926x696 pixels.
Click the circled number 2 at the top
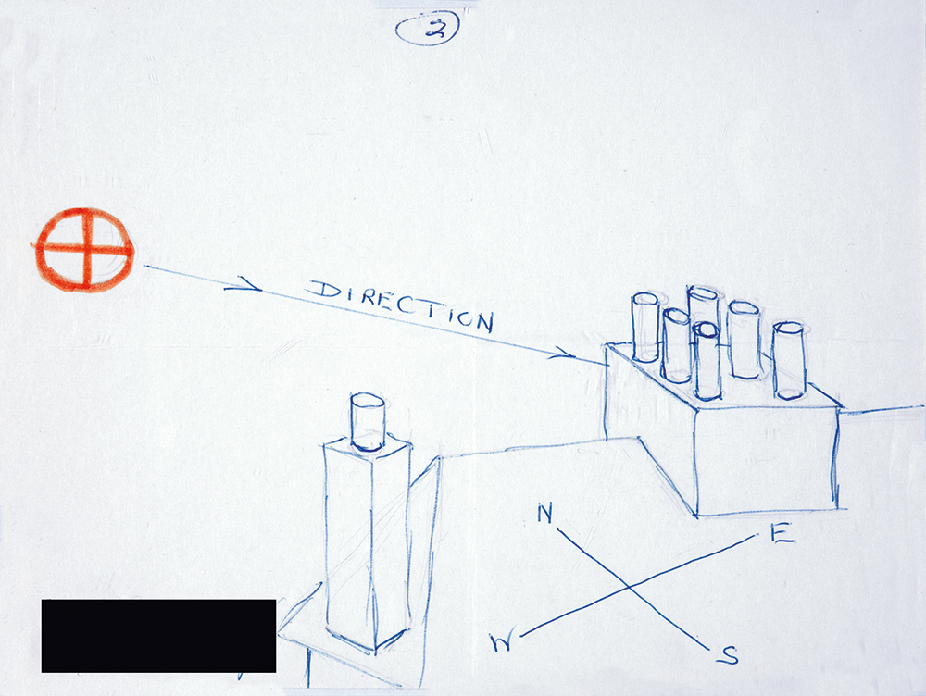(x=427, y=31)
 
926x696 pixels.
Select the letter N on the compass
(x=545, y=514)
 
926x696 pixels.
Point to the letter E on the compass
(x=782, y=534)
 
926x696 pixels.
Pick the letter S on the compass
(x=730, y=654)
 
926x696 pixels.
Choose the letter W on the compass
(x=502, y=641)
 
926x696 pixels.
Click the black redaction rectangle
(x=158, y=636)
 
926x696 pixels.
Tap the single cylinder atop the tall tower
(x=368, y=423)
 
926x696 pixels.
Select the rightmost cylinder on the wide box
(x=789, y=361)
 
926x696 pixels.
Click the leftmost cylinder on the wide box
(x=645, y=327)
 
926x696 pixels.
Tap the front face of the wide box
(x=767, y=461)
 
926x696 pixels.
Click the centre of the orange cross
(x=87, y=250)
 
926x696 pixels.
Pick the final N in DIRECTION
(x=483, y=322)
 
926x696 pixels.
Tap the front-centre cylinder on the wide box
(x=707, y=361)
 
